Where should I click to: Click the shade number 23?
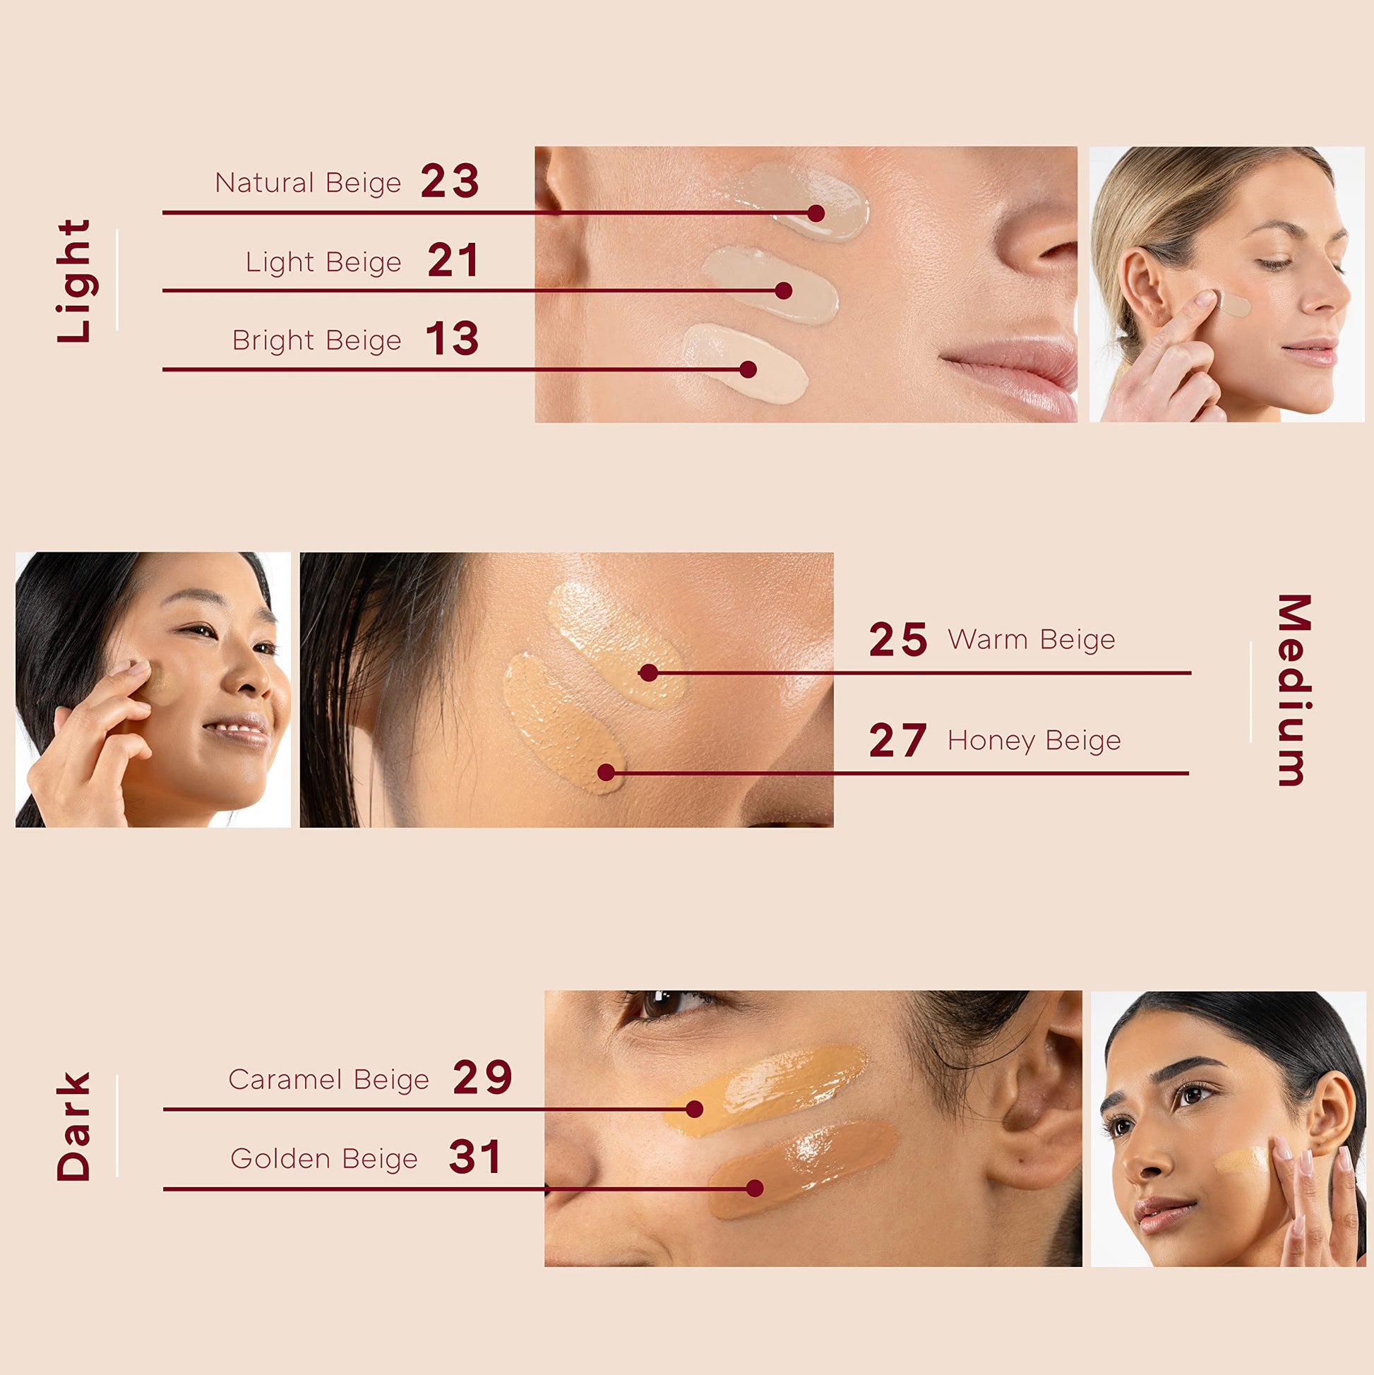[450, 181]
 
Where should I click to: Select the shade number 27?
[898, 740]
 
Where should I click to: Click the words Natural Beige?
[308, 183]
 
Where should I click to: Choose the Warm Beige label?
[1031, 639]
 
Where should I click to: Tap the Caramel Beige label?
[329, 1080]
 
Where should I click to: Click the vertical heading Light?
[74, 281]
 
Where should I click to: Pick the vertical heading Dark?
[74, 1126]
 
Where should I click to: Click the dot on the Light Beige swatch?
[784, 290]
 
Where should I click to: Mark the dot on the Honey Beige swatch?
[607, 772]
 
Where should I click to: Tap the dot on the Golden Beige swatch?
[755, 1188]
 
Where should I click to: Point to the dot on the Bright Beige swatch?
[748, 369]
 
